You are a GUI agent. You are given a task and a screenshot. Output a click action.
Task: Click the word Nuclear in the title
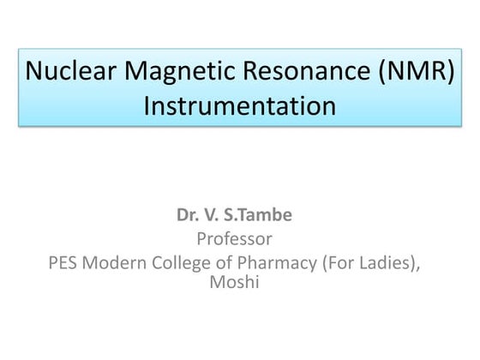pos(70,70)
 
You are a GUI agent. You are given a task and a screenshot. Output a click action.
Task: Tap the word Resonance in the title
pos(307,70)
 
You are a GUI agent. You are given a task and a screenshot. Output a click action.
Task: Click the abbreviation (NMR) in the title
pos(417,72)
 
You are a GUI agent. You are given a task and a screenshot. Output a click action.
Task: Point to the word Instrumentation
pos(240,106)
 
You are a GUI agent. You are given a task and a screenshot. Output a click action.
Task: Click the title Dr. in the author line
pos(187,214)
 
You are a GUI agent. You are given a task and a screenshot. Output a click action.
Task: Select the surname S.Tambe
pos(258,214)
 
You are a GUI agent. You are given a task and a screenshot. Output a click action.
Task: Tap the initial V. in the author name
pos(211,214)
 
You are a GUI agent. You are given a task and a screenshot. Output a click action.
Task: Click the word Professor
pos(235,239)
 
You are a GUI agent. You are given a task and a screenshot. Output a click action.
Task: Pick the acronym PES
pos(63,262)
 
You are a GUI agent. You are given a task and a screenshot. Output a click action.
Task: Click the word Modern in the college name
pos(114,262)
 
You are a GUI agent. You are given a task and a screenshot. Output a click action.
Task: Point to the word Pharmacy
pos(277,264)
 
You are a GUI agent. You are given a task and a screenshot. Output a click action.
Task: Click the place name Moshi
pos(235,282)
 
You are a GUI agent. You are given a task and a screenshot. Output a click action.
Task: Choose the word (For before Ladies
pos(338,263)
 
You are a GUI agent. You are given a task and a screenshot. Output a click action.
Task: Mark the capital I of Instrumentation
pos(146,106)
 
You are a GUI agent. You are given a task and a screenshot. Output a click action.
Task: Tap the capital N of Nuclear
pos(33,70)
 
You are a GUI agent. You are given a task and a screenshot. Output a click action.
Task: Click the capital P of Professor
pos(202,239)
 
